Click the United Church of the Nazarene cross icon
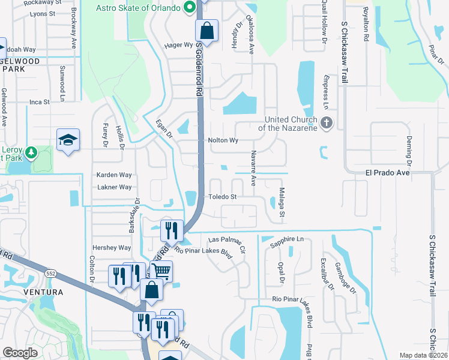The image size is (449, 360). pos(326,123)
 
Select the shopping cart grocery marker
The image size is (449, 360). pos(161,271)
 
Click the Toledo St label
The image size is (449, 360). pos(223,196)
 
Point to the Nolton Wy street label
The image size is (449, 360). pos(223,140)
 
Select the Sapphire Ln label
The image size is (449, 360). pos(287,239)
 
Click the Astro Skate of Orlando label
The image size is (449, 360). pos(138,8)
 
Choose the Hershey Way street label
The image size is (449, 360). pos(111,248)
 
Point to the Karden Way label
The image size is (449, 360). pos(114,175)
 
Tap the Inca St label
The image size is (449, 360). pos(39,102)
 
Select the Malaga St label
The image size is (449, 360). pos(281,202)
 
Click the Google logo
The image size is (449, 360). pos(20,353)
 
